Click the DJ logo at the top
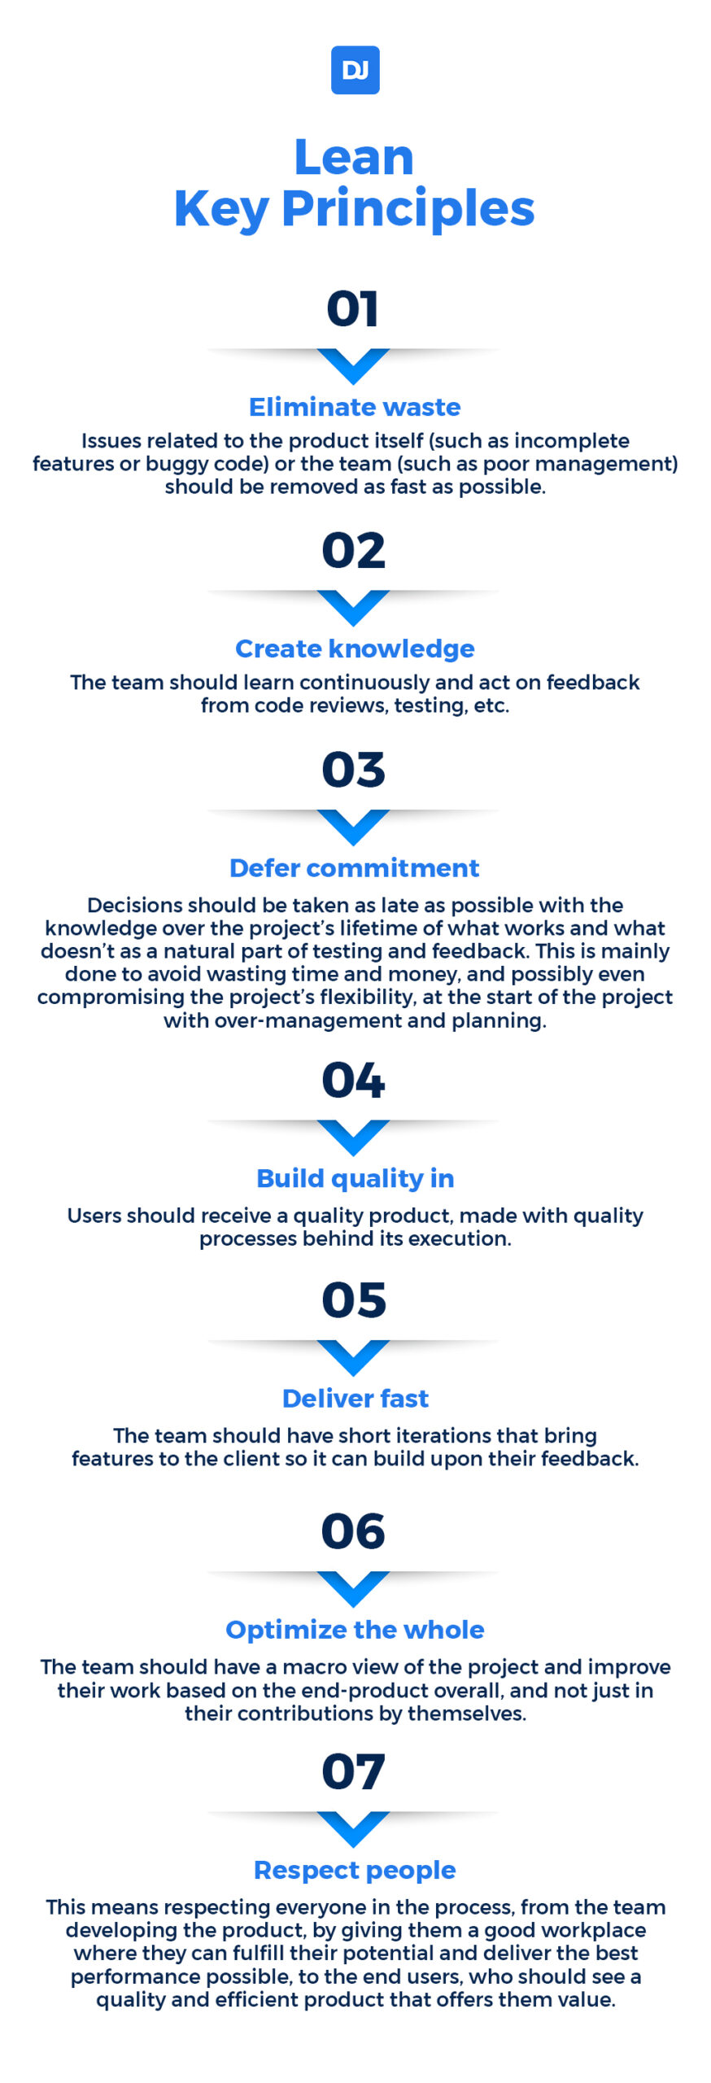click(355, 70)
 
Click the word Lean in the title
click(354, 157)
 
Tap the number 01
click(353, 309)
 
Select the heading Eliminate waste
click(355, 407)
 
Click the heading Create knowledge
click(355, 648)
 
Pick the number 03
click(353, 770)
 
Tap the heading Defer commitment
click(355, 868)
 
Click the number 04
click(353, 1081)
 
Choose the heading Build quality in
click(355, 1178)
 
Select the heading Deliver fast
click(355, 1398)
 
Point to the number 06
click(353, 1531)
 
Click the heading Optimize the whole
click(355, 1629)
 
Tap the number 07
click(353, 1771)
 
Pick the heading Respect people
click(355, 1870)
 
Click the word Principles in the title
click(408, 209)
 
